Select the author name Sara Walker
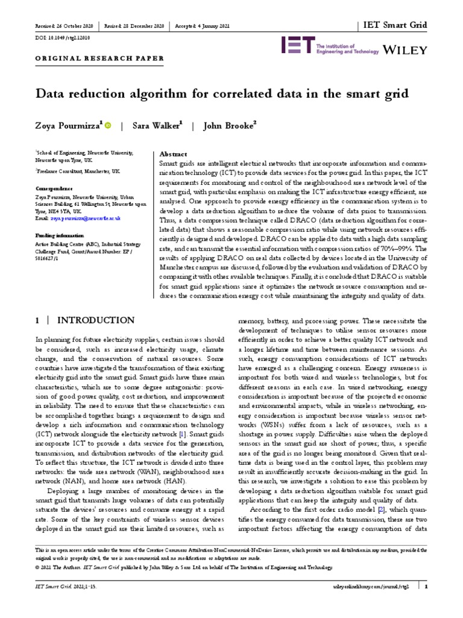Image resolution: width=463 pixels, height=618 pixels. [159, 126]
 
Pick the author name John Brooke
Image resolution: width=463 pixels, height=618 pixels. [230, 126]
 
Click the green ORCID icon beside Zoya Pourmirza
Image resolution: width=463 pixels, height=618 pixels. [108, 126]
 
